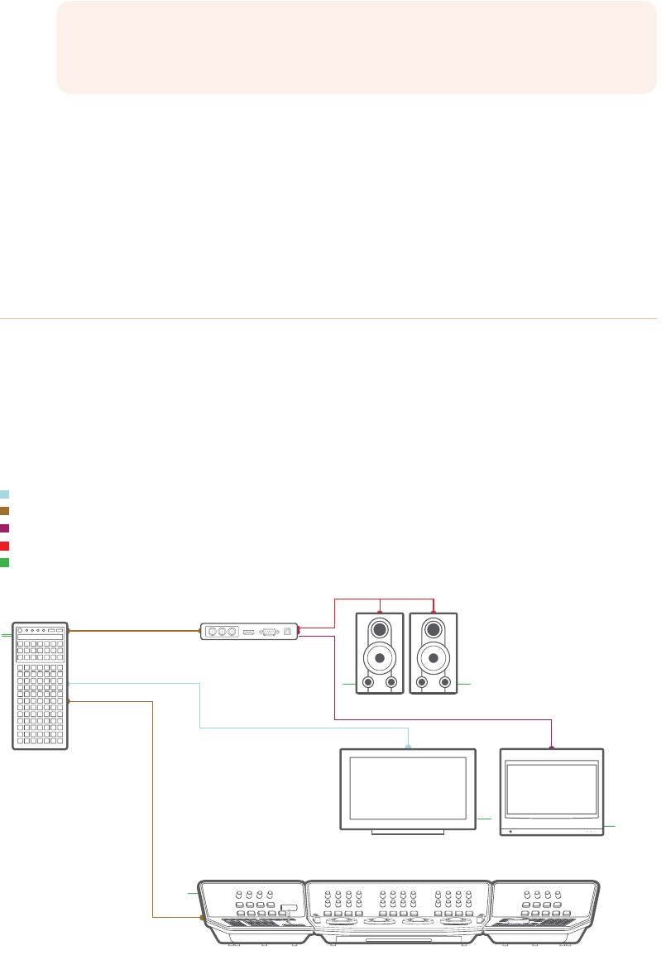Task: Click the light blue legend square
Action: pos(4,494)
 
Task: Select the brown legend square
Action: pos(4,511)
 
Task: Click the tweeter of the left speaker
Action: pos(380,629)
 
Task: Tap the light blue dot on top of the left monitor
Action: pos(409,747)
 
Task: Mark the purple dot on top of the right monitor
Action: pos(552,747)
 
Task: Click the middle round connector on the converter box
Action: pos(221,632)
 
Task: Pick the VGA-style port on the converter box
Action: pos(269,632)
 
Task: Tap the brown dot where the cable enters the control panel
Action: pos(203,918)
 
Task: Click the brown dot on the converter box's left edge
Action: pos(201,632)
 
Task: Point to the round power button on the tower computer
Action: pos(22,631)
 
